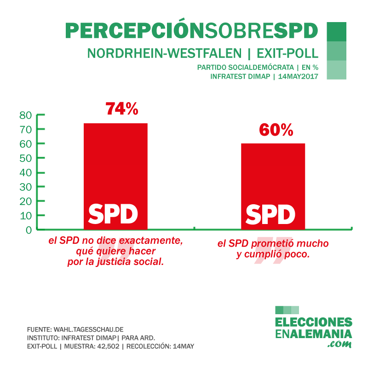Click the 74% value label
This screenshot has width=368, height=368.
click(121, 109)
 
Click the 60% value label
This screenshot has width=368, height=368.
click(276, 130)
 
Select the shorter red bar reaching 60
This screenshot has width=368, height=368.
click(273, 175)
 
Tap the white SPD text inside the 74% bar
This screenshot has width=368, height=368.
click(113, 213)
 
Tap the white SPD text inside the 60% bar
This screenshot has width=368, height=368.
click(270, 214)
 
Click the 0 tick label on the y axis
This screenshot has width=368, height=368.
click(29, 230)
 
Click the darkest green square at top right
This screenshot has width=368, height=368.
click(336, 31)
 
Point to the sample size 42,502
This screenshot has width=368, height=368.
click(109, 345)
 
